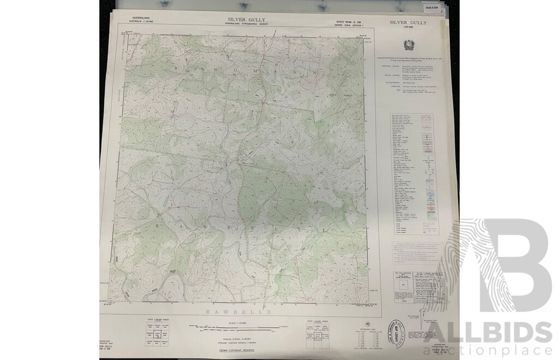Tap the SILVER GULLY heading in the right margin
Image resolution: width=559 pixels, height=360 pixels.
408,22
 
